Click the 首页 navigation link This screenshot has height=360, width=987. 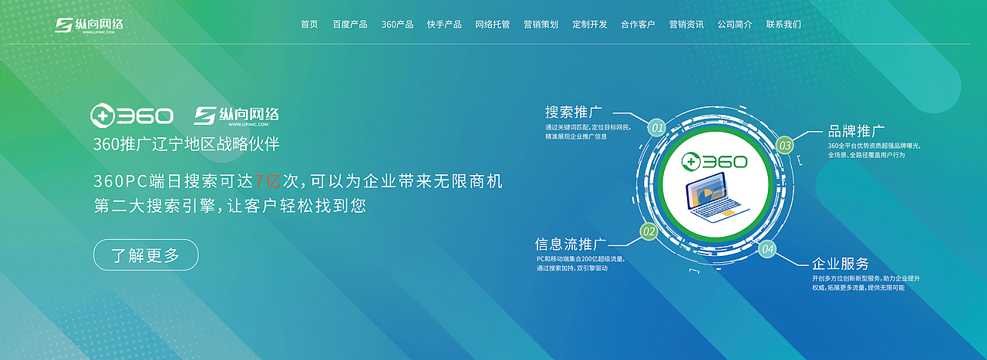pos(309,25)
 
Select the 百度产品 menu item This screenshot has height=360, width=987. pos(350,25)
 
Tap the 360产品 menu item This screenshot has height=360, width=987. pos(397,25)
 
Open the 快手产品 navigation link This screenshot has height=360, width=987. pos(444,25)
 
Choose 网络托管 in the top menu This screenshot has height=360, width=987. pos(493,25)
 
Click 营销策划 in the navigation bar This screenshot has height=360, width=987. pos(541,25)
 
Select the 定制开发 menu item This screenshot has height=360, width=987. pos(590,25)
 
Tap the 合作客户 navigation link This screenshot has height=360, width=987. pos(638,25)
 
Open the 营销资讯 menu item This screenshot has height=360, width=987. pos(686,25)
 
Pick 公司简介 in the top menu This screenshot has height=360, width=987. pos(735,25)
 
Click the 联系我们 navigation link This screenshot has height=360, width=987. pos(783,25)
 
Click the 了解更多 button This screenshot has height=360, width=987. pos(146,255)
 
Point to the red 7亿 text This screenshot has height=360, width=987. pos(268,182)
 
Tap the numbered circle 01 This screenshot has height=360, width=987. pos(656,127)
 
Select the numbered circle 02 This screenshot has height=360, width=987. pos(649,231)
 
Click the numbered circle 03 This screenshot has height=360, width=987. pos(784,145)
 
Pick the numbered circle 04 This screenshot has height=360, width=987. pos(767,249)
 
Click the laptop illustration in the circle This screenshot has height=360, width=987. pos(713,199)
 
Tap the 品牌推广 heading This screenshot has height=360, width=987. pos(856,131)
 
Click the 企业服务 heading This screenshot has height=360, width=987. pos(840,264)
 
